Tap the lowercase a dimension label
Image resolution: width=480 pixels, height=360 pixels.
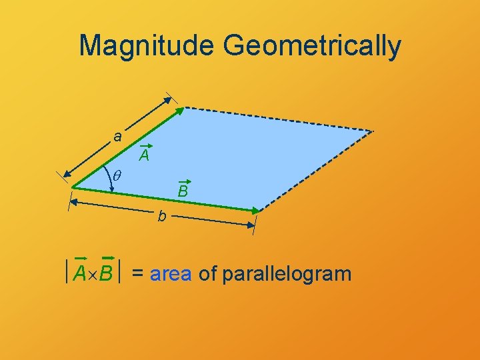click(x=117, y=137)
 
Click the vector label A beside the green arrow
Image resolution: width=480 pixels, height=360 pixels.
click(x=144, y=157)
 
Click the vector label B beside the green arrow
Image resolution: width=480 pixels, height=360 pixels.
click(x=183, y=192)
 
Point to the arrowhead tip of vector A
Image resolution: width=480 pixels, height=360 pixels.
click(x=183, y=108)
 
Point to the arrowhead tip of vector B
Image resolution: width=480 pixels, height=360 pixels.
click(x=259, y=211)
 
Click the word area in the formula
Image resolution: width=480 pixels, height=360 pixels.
click(x=171, y=273)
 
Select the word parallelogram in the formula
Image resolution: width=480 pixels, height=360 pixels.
click(x=287, y=274)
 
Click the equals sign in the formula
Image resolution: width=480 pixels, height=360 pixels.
click(x=138, y=274)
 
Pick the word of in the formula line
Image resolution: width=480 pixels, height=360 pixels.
click(x=207, y=273)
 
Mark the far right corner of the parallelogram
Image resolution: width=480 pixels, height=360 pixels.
click(x=373, y=130)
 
